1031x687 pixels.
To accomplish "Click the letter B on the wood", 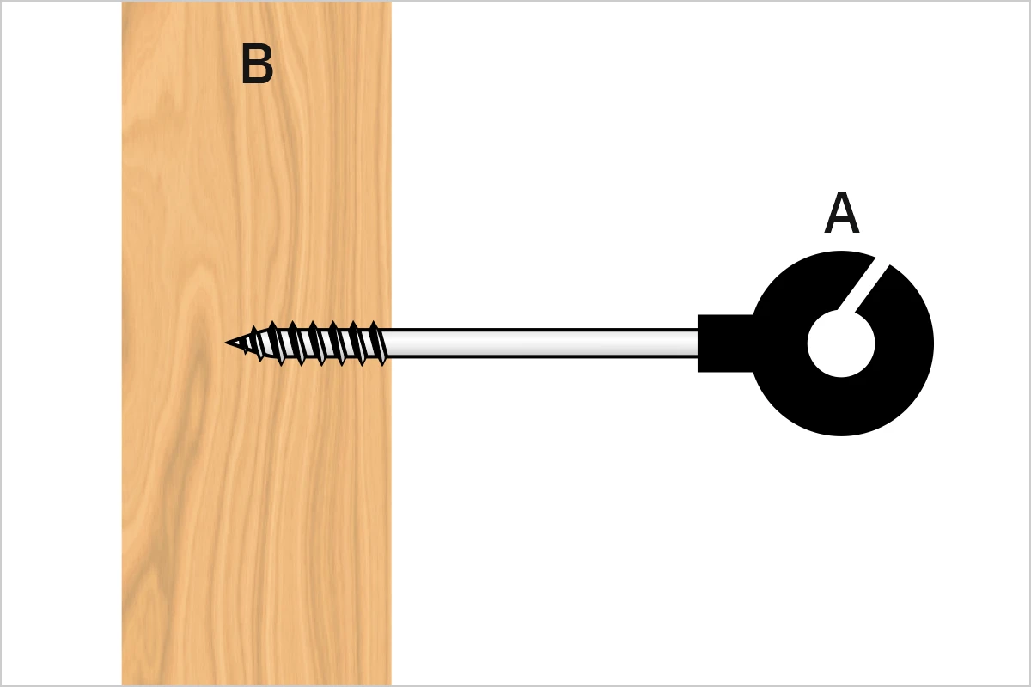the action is click(257, 64).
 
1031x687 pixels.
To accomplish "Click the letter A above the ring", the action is click(841, 213).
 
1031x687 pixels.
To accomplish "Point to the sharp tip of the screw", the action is click(225, 343).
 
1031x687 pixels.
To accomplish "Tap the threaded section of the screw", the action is click(306, 343).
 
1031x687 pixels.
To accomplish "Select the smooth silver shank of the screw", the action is click(540, 343).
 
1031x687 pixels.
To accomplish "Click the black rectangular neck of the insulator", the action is click(726, 343).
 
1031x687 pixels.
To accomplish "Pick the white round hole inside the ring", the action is click(841, 343).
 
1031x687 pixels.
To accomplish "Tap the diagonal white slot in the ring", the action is click(861, 286).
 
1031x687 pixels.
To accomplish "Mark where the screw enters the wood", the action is click(391, 343).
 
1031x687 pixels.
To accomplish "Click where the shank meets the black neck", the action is click(698, 343).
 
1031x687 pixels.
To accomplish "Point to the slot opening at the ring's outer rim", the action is click(882, 260).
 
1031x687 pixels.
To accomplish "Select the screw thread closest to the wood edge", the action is click(379, 343).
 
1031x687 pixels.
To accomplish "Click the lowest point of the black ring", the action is click(841, 435).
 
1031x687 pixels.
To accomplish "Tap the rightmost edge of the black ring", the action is click(933, 343).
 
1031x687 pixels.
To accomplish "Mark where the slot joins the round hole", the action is click(847, 311).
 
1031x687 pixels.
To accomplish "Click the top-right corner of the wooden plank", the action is click(391, 2).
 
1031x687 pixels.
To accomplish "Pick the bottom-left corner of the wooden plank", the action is click(122, 685).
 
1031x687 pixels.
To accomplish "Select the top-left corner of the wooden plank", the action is click(122, 2).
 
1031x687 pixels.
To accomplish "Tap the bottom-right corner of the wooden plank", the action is click(391, 685).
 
